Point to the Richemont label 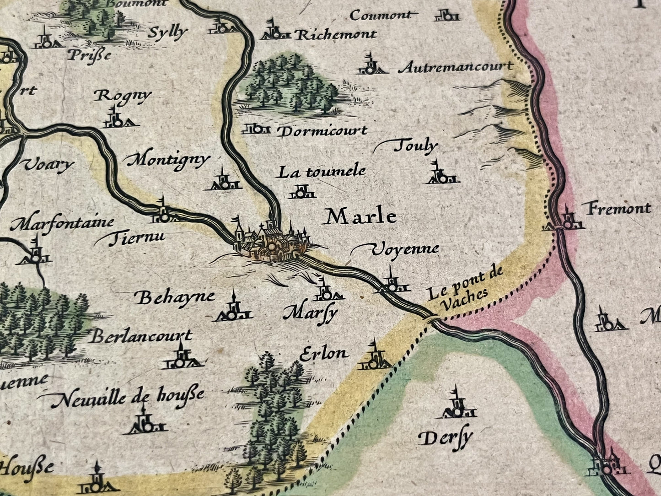click(x=336, y=35)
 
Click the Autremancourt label click(x=456, y=67)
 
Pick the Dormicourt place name click(x=322, y=131)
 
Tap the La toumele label click(x=322, y=172)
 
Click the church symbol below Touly click(x=441, y=174)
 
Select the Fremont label click(x=619, y=209)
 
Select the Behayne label click(x=176, y=297)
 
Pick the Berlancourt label click(x=140, y=337)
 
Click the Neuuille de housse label click(x=127, y=396)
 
